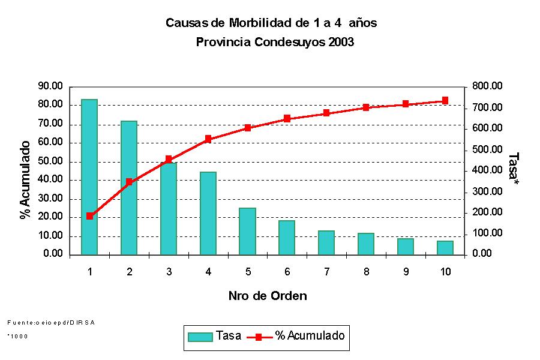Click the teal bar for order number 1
click(x=89, y=176)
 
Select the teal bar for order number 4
click(x=208, y=213)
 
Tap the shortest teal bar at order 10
click(x=445, y=248)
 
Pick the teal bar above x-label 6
click(x=287, y=238)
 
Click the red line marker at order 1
click(x=89, y=216)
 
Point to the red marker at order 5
click(x=248, y=128)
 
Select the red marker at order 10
click(x=445, y=101)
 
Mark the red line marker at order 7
click(x=327, y=113)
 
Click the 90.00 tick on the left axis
click(x=50, y=86)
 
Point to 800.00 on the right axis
click(x=487, y=86)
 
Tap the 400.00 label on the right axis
click(x=487, y=170)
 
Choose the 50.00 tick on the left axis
click(x=50, y=161)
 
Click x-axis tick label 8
click(x=366, y=272)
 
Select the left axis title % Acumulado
click(x=25, y=180)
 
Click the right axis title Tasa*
click(x=514, y=168)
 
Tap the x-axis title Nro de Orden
click(x=268, y=296)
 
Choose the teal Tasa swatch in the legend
click(x=200, y=337)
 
